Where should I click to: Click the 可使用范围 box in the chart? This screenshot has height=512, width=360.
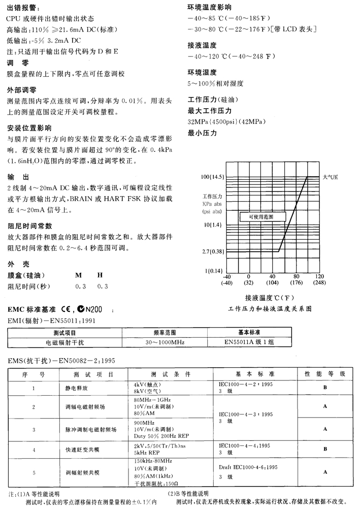[261, 216]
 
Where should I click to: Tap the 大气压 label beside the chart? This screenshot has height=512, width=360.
[331, 176]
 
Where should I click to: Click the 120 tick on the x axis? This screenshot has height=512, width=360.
[320, 277]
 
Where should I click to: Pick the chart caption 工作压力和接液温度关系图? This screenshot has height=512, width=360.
[270, 308]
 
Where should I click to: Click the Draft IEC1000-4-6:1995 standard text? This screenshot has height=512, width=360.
[249, 466]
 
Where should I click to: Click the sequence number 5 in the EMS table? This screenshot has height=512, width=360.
[34, 473]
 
